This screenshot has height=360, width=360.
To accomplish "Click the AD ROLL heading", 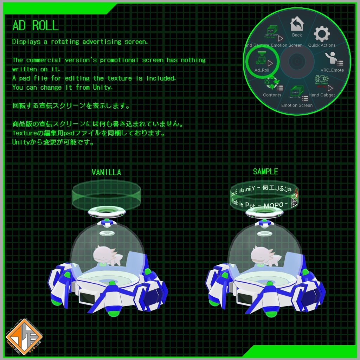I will [35, 26].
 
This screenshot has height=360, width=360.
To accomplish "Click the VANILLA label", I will [106, 172].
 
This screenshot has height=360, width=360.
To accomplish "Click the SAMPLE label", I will [265, 172].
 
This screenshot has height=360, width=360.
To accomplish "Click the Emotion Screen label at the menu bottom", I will [297, 105].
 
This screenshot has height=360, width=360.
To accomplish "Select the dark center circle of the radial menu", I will [297, 62].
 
